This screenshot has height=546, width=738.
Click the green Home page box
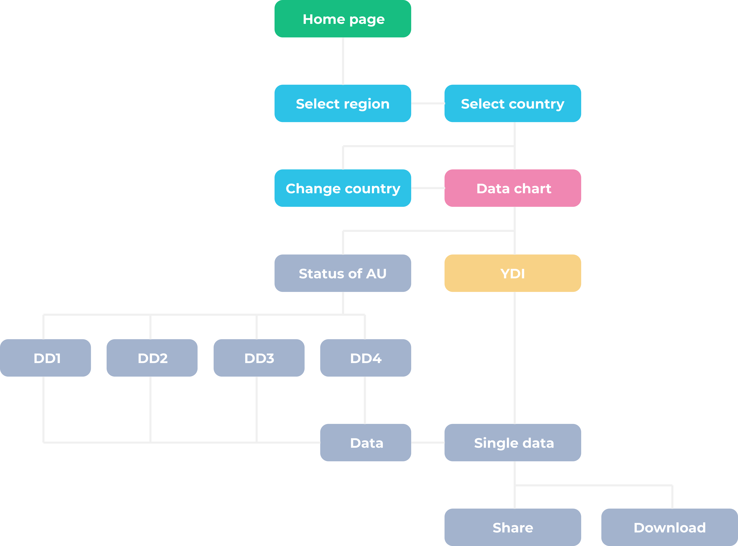point(343,19)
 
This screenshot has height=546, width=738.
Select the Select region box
point(343,103)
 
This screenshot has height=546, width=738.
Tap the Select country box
point(512,103)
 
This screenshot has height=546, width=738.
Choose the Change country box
point(343,188)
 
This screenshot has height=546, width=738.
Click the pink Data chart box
point(512,188)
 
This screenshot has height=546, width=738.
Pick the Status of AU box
point(343,273)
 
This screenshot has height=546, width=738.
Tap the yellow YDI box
point(512,273)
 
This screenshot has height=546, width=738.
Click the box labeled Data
point(366,443)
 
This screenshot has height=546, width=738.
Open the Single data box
point(512,443)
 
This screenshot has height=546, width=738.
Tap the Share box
point(512,527)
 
